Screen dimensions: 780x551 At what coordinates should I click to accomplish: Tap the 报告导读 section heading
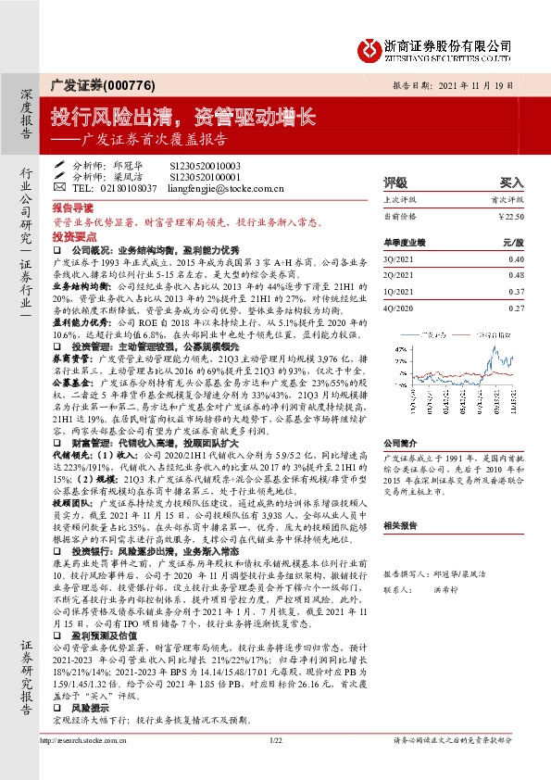tap(73, 209)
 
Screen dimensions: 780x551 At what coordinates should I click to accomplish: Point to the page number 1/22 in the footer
tap(275, 765)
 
